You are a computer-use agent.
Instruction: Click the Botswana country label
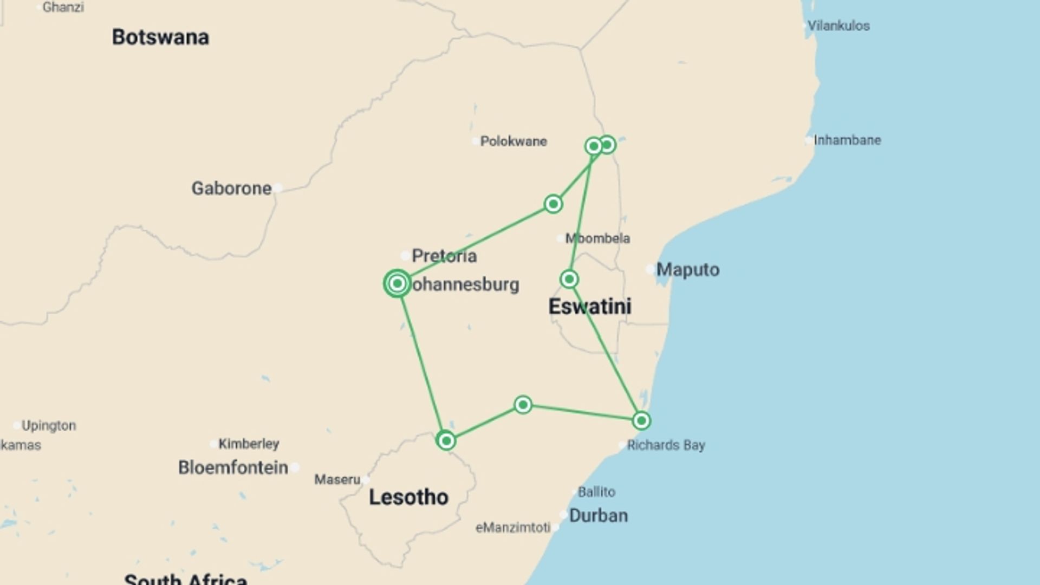tap(160, 37)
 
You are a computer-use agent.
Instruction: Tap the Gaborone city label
tap(231, 188)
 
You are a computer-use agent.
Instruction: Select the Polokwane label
tap(513, 141)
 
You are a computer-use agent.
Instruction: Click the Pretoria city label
tap(444, 256)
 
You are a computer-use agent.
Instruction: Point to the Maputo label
tap(688, 270)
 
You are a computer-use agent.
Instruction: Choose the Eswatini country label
tap(590, 307)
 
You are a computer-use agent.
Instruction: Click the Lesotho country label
tap(408, 497)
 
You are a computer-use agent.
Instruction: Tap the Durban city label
tap(599, 516)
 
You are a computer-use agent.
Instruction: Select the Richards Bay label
tap(666, 445)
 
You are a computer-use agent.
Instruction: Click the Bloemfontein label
tap(233, 467)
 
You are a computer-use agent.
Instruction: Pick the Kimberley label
tap(249, 444)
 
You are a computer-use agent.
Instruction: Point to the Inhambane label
tap(847, 140)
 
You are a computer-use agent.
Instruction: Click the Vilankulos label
tap(838, 26)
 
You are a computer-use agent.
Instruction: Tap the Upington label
tap(49, 426)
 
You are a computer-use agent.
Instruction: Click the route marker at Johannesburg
tap(398, 283)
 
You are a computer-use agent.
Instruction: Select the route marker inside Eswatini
tap(569, 279)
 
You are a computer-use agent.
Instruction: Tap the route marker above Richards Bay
tap(641, 421)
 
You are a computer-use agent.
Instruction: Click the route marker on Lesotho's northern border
tap(446, 440)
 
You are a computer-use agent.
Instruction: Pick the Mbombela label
tap(597, 238)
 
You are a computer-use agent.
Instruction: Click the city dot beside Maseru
tap(366, 479)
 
